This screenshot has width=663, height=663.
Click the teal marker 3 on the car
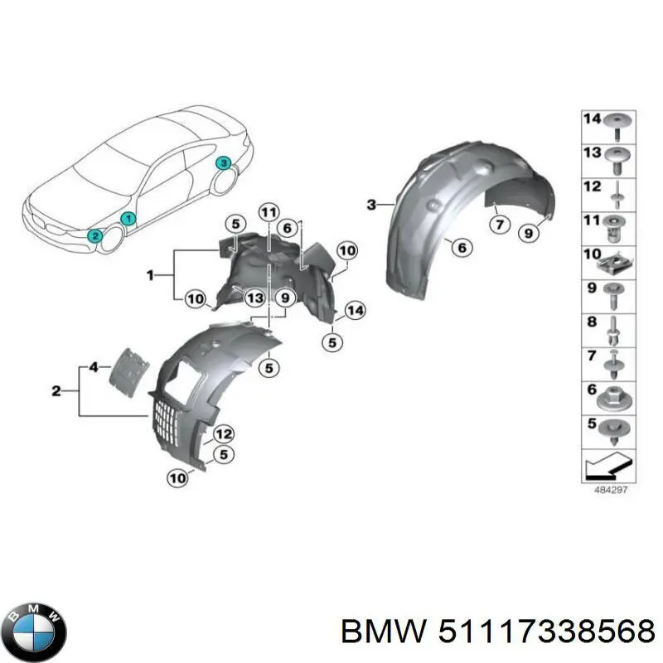pyautogui.click(x=222, y=164)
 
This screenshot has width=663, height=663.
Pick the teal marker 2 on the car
pyautogui.click(x=96, y=236)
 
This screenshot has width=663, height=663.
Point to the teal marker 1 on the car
pyautogui.click(x=127, y=219)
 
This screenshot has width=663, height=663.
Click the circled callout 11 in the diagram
pyautogui.click(x=267, y=212)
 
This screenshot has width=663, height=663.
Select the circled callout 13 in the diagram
pyautogui.click(x=254, y=298)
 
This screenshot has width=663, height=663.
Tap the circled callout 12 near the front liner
pyautogui.click(x=224, y=433)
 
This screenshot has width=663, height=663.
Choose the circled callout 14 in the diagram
pyautogui.click(x=355, y=311)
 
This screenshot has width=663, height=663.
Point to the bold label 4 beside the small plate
pyautogui.click(x=94, y=366)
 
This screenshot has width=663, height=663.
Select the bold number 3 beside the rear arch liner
pyautogui.click(x=372, y=204)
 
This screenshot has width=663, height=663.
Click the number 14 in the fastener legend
pyautogui.click(x=590, y=119)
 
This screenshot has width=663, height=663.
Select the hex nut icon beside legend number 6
pyautogui.click(x=615, y=400)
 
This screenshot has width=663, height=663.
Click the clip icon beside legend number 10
pyautogui.click(x=615, y=263)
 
